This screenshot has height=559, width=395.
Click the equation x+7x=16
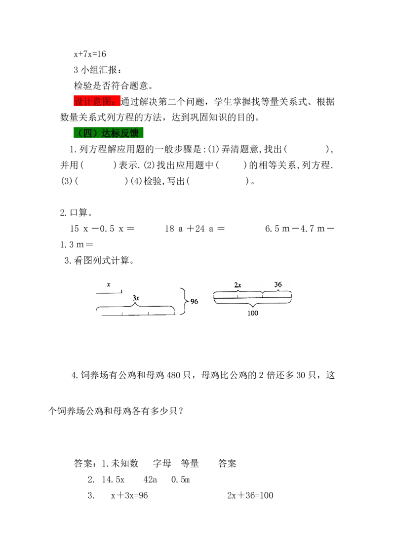point(90,54)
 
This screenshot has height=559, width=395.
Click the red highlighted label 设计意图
point(97,101)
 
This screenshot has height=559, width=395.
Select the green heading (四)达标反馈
point(108,133)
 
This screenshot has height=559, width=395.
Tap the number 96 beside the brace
point(195,301)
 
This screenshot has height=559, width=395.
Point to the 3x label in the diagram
point(136,298)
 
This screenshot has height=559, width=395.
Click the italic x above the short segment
point(108,285)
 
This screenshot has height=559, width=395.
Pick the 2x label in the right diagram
point(238,285)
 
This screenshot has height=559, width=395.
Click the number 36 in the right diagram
point(278,284)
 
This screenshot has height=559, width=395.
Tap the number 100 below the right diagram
point(253,313)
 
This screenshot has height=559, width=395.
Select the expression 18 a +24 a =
point(195,229)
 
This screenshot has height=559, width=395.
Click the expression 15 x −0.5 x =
point(102,229)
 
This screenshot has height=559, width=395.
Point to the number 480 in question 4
point(174,375)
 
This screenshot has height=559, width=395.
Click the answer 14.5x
point(113,479)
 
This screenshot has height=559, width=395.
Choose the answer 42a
point(150,479)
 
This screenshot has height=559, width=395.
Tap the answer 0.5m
point(180,479)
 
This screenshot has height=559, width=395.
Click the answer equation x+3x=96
point(129,495)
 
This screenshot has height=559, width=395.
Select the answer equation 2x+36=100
point(250,495)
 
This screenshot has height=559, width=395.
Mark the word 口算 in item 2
point(79,213)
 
